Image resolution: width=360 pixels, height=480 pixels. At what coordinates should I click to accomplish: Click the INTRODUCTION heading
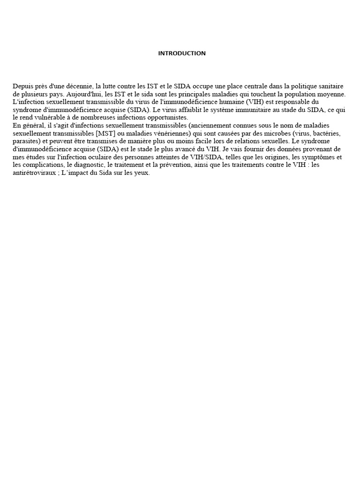pyautogui.click(x=182, y=53)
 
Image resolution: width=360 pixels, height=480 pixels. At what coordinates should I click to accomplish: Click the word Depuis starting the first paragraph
pyautogui.click(x=22, y=86)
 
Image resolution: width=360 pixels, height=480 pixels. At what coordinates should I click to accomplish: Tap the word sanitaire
pyautogui.click(x=330, y=86)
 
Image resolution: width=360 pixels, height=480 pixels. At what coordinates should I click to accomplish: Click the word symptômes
pyautogui.click(x=315, y=157)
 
